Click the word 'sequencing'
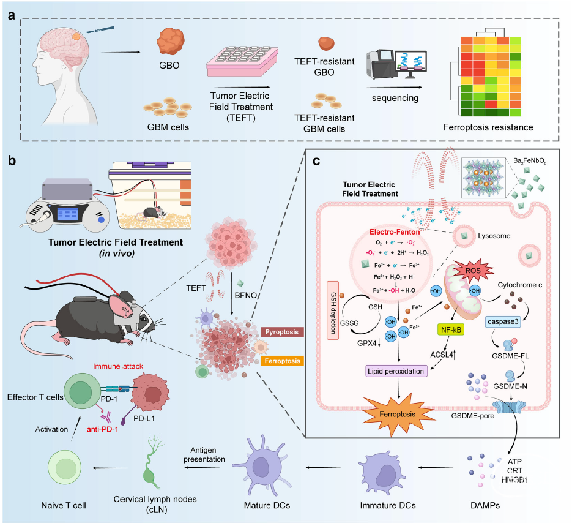coord(396,98)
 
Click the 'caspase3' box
coord(504,322)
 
